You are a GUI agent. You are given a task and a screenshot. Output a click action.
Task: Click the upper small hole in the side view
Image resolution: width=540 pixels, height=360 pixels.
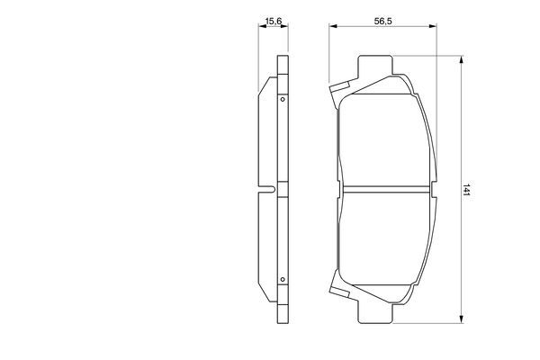[x=283, y=99]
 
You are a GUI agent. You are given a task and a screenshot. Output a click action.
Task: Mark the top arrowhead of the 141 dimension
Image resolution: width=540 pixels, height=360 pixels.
[x=463, y=60]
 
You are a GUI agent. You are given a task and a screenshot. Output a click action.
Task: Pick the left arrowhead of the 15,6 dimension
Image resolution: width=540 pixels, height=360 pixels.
[x=260, y=27]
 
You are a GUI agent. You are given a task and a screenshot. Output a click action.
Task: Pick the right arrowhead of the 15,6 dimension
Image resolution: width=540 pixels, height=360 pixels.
[x=287, y=27]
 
